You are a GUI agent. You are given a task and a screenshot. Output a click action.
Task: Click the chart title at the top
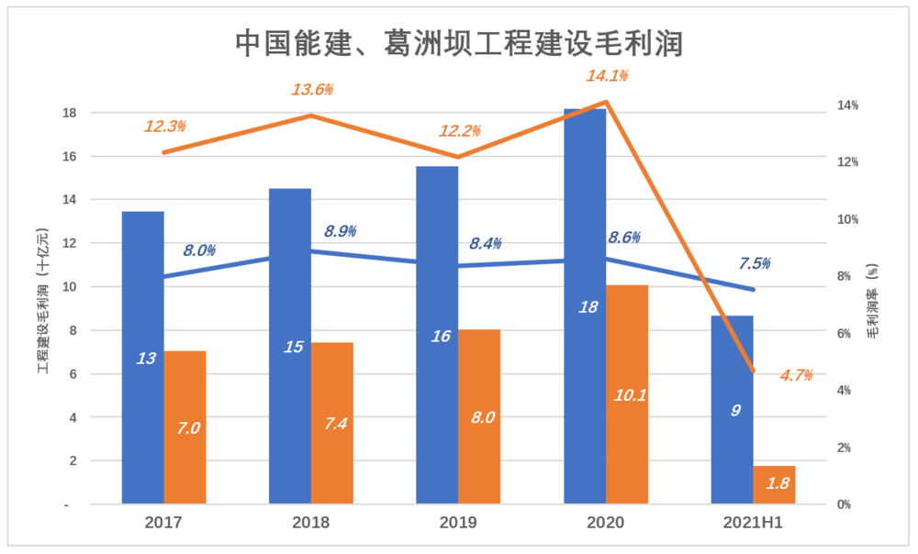point(459,42)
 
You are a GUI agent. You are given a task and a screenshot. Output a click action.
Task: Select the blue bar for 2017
point(142,358)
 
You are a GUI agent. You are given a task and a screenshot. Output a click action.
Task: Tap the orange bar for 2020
point(627,394)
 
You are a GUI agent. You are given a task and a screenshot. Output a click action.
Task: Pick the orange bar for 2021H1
point(774,485)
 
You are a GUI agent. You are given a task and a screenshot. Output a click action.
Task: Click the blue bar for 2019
point(437,335)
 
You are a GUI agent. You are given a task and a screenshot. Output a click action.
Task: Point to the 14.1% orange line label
point(608,76)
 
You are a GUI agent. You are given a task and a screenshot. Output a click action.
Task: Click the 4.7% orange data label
point(797,374)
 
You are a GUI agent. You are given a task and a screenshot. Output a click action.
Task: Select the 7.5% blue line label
point(755,264)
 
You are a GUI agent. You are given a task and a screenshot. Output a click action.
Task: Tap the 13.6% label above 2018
point(312,90)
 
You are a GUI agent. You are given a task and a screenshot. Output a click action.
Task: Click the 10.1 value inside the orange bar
point(630,395)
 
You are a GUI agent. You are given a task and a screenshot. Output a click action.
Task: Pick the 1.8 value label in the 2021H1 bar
point(778,483)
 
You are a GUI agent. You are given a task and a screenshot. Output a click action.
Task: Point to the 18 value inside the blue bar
point(588,307)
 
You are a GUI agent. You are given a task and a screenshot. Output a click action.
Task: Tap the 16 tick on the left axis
point(95,157)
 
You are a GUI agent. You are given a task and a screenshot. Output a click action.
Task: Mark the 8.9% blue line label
point(341,231)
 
